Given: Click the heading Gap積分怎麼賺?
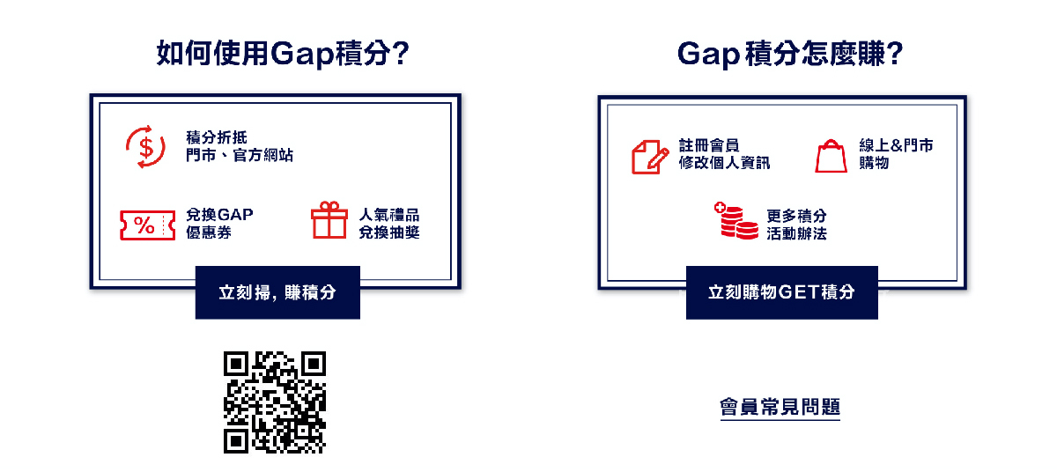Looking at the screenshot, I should (x=790, y=55).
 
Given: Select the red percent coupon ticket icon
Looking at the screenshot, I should (x=144, y=225).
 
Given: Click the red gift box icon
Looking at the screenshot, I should (x=329, y=220).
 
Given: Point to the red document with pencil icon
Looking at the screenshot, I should (x=650, y=155).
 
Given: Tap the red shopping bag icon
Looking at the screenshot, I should (x=831, y=156).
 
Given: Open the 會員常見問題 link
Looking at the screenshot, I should (x=780, y=407).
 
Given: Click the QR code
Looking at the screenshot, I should (x=275, y=402).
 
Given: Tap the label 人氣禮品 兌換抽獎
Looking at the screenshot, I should (x=389, y=224).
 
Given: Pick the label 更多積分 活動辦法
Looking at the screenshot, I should (x=796, y=225).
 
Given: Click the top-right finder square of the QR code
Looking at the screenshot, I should (x=313, y=365).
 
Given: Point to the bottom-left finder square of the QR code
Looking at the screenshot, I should (x=237, y=440).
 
